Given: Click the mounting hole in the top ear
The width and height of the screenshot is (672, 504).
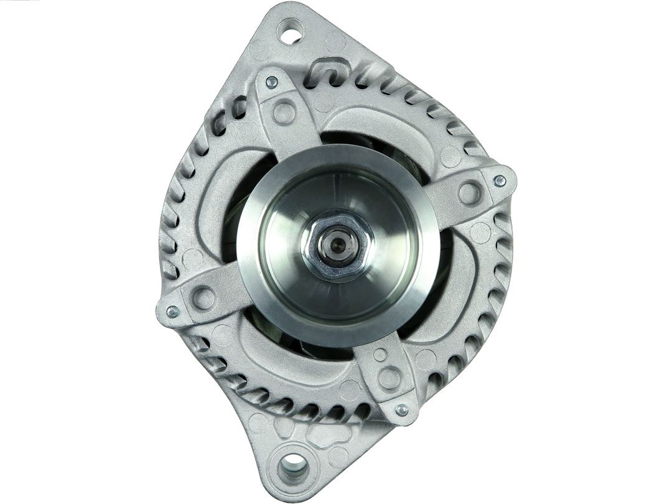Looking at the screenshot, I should [x=290, y=32].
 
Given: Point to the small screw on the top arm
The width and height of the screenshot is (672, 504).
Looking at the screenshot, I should [x=271, y=82].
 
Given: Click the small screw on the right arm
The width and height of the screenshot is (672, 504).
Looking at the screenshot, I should [x=499, y=181].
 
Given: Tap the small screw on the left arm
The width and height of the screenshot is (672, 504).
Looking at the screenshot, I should [x=172, y=311].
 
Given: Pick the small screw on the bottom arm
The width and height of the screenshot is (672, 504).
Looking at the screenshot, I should [x=402, y=410].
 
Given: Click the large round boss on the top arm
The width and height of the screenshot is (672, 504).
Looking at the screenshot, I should [x=284, y=113].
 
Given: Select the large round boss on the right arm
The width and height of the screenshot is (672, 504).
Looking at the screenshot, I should [x=470, y=193].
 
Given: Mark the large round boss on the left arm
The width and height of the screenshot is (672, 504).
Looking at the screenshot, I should [x=203, y=298].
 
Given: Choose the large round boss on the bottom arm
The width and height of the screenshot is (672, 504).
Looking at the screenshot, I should [x=390, y=377].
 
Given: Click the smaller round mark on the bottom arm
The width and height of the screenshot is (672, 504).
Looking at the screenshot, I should [x=380, y=355].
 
